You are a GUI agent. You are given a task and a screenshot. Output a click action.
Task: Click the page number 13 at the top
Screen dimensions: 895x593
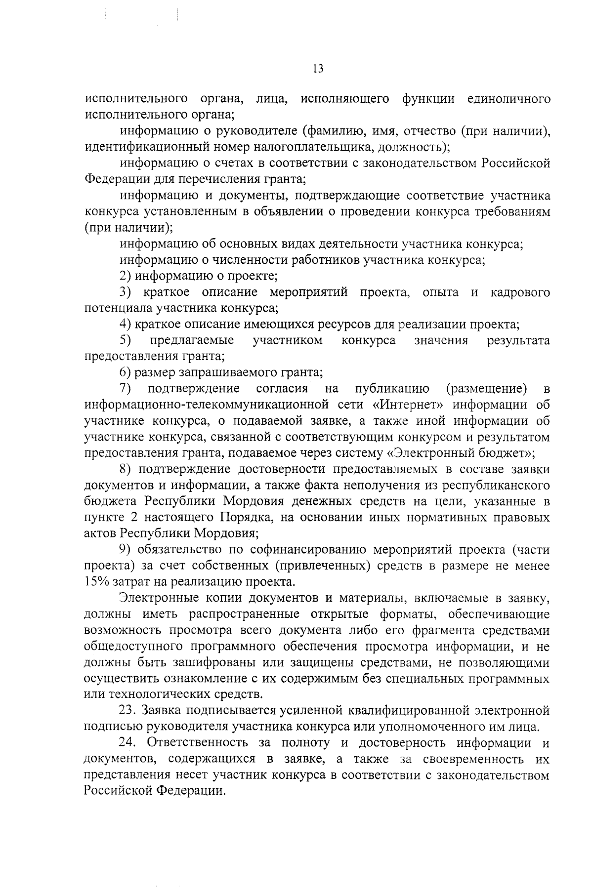coord(318,69)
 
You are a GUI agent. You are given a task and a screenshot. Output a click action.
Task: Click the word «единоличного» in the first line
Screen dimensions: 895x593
coord(508,99)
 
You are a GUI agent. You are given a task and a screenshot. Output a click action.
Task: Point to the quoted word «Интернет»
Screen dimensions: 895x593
coord(408,405)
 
